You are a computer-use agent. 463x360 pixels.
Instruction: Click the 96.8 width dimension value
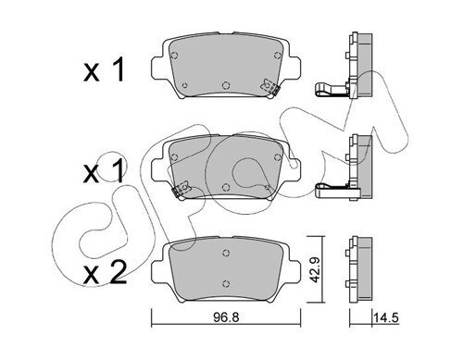coord(226,317)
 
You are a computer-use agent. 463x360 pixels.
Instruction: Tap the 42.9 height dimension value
coord(315,269)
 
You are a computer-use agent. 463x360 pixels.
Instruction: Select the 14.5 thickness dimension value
coord(386,317)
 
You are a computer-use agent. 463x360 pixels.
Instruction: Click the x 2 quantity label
coord(105,272)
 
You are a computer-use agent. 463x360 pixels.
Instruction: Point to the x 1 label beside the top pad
coord(104,70)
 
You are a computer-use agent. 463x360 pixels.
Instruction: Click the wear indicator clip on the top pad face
coord(269,87)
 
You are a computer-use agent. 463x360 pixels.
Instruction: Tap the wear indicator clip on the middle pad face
coord(181,189)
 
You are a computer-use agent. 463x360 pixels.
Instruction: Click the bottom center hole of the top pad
coord(226,85)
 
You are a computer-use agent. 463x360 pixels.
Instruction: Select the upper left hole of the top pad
coord(175,56)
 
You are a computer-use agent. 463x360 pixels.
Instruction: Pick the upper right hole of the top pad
coord(278,56)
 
